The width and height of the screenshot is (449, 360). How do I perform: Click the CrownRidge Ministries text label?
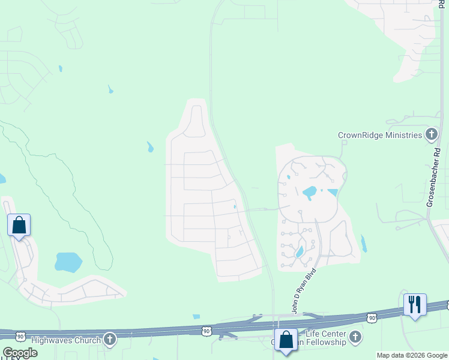coord(380,135)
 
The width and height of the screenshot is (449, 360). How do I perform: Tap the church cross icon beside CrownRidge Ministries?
coord(431,134)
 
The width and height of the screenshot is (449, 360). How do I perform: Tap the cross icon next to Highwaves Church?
coord(109,340)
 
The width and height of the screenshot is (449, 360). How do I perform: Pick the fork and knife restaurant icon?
coord(415,304)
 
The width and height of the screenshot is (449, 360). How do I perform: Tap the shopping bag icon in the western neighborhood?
coord(19,226)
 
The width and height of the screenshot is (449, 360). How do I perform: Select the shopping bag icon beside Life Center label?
coord(286,340)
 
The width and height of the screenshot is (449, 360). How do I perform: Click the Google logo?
coord(20,353)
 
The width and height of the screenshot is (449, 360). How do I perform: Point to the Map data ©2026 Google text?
coord(411,355)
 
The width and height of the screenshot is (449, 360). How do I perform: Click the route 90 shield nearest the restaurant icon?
coord(372,317)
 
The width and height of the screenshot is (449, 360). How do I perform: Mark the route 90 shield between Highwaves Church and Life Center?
coord(206,331)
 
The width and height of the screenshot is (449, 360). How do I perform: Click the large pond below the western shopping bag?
coord(68,262)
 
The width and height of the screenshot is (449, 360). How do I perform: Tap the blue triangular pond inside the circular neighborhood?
coord(332,193)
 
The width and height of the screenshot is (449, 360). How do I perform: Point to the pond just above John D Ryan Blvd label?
coord(300,252)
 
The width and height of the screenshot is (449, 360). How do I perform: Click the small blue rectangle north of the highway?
coord(196,316)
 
